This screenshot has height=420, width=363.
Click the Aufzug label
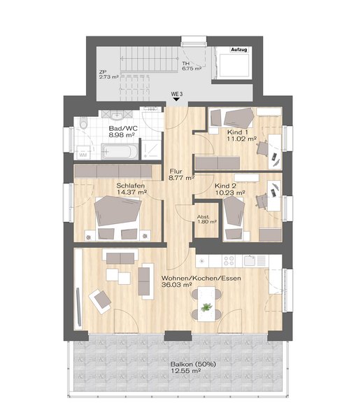[x=239, y=50]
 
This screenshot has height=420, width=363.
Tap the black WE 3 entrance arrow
[x=176, y=99]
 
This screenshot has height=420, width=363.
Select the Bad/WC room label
[x=123, y=128]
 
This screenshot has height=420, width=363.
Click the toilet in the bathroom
[x=83, y=123]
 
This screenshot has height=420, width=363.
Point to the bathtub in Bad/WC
[x=120, y=152]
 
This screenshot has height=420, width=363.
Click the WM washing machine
[x=83, y=153]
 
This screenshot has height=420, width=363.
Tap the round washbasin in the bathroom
[x=117, y=115]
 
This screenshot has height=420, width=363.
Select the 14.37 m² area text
[x=131, y=192]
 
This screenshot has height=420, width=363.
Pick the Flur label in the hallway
[x=176, y=171]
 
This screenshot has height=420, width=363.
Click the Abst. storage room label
[x=204, y=217]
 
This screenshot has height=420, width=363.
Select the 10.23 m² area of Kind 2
[x=231, y=192]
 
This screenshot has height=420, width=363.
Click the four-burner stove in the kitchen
[x=229, y=261]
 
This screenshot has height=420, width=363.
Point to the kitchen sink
[x=250, y=260]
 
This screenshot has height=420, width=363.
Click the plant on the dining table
[x=206, y=307]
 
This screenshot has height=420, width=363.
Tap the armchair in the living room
[x=101, y=302]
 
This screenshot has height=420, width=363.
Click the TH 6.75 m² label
[x=192, y=66]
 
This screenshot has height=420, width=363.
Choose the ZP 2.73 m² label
[x=108, y=74]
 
